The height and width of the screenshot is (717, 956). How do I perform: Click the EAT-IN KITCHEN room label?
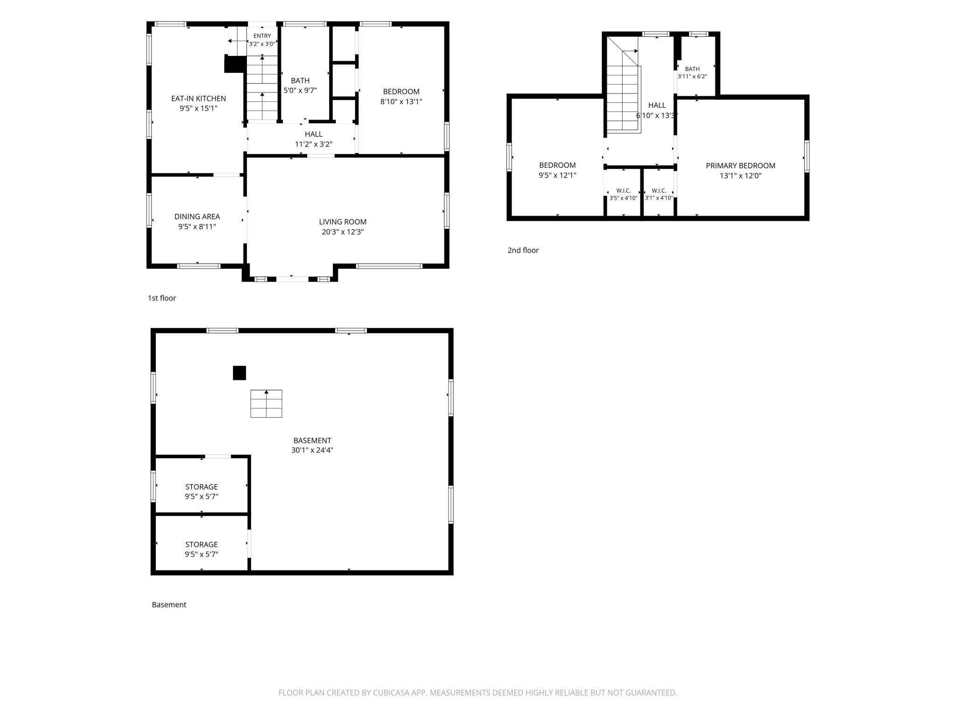pyautogui.click(x=198, y=98)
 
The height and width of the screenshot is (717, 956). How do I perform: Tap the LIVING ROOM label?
pyautogui.click(x=343, y=222)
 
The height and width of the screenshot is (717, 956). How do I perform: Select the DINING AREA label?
pyautogui.click(x=197, y=217)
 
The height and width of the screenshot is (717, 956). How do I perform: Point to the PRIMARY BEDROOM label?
pyautogui.click(x=740, y=166)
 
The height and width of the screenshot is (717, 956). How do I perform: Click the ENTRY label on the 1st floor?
pyautogui.click(x=262, y=36)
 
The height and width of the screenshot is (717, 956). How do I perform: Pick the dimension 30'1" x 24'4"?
pyautogui.click(x=312, y=450)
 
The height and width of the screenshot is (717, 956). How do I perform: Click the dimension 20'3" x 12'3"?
pyautogui.click(x=343, y=232)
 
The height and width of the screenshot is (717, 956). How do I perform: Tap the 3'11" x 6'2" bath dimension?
pyautogui.click(x=692, y=77)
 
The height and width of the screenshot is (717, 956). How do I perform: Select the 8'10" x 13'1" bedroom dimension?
pyautogui.click(x=401, y=102)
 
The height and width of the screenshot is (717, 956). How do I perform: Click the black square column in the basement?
pyautogui.click(x=239, y=373)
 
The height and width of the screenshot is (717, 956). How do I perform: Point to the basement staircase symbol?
pyautogui.click(x=266, y=403)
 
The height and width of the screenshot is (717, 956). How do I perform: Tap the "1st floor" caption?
pyautogui.click(x=162, y=298)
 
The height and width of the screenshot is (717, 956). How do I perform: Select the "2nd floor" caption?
pyautogui.click(x=523, y=250)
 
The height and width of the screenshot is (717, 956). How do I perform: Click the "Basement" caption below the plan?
pyautogui.click(x=169, y=605)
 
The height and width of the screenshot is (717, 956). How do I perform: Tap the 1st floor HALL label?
pyautogui.click(x=314, y=134)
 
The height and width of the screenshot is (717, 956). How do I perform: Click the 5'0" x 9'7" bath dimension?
pyautogui.click(x=300, y=91)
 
